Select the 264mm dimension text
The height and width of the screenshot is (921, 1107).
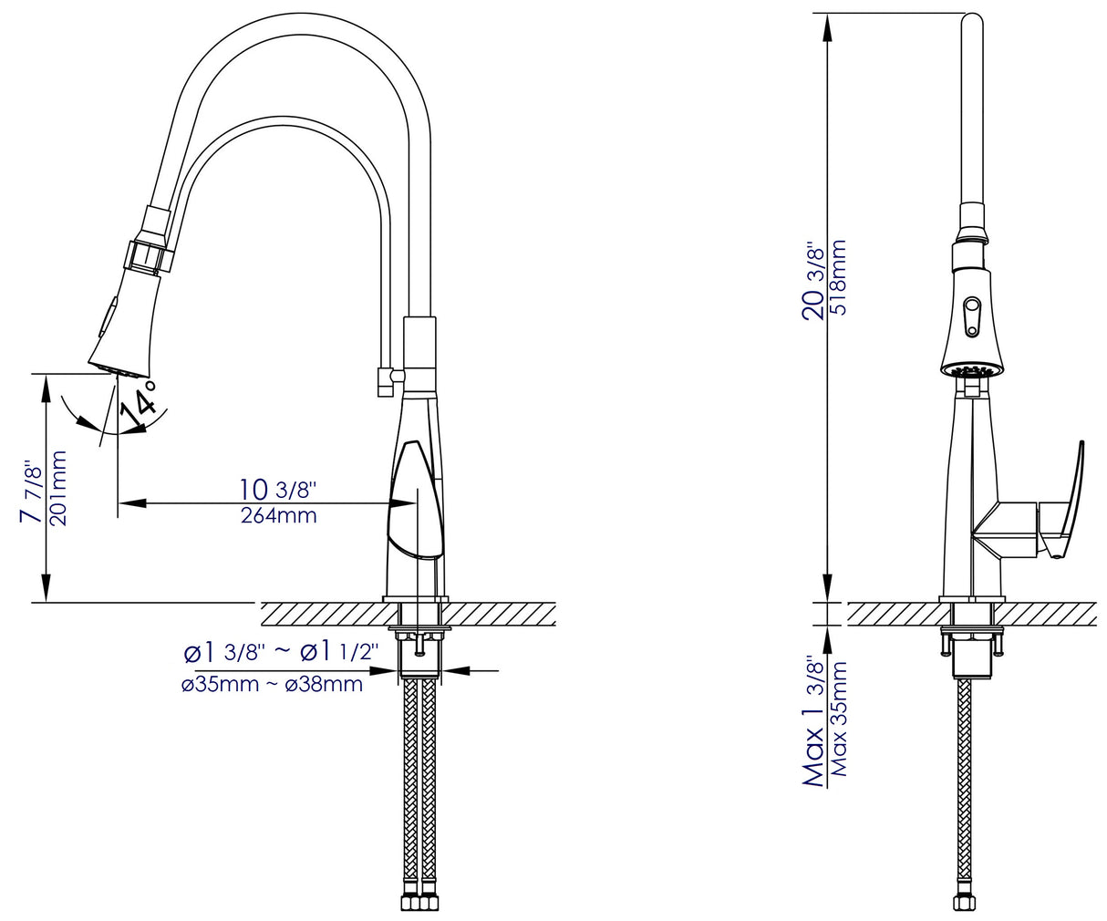coord(278,516)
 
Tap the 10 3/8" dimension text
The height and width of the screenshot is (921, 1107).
coord(277,490)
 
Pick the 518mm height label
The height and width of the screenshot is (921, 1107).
coord(838,277)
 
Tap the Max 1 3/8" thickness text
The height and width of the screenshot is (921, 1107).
coord(814,720)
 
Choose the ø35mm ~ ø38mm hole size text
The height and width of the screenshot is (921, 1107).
coord(272,684)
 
